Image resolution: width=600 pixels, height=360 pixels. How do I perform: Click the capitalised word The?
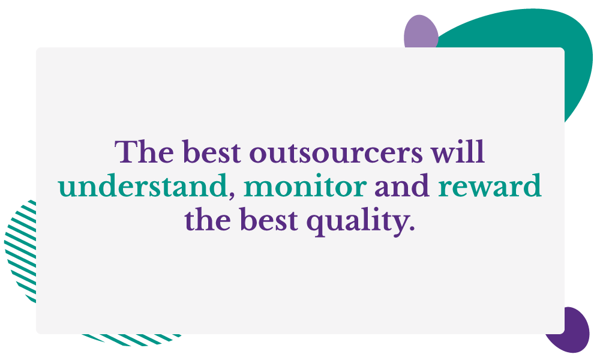pos(144,152)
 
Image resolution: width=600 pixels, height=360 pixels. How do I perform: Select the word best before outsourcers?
pos(211,152)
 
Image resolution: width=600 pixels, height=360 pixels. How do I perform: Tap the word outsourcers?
pos(336,154)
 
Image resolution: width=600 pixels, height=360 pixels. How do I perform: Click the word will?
pos(458,152)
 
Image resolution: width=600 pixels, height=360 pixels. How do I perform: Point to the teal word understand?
pos(142,185)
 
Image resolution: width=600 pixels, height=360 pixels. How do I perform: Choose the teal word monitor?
pos(305,187)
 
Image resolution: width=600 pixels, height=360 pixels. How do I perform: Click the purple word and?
pos(402,185)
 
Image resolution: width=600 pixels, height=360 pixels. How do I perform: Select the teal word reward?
pos(490,185)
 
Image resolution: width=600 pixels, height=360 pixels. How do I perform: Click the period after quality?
pos(412,229)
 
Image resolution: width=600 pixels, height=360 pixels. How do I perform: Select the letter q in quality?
pos(316,226)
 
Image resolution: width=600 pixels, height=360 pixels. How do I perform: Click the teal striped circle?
pos(21,248)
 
